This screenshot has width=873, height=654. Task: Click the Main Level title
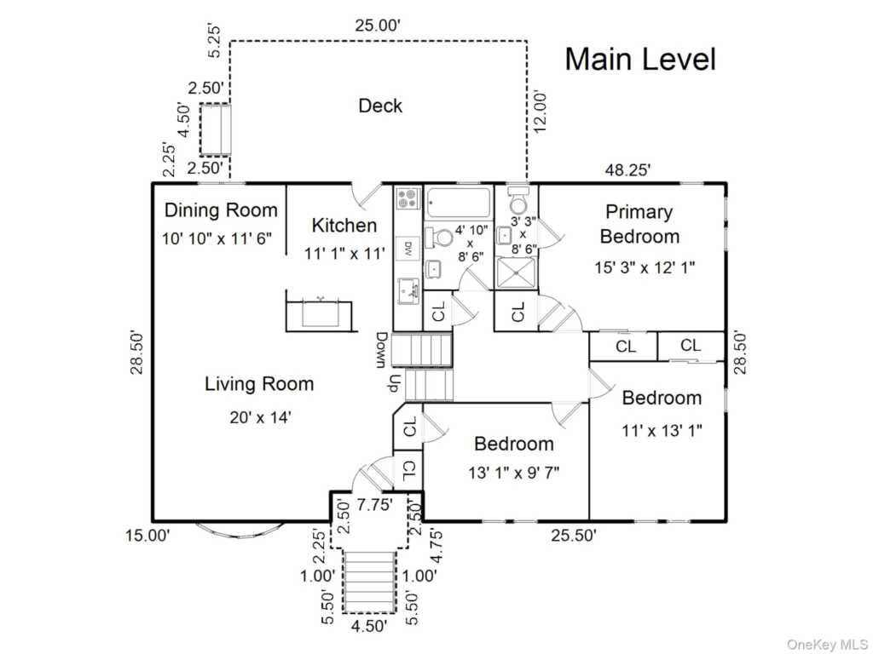(640, 59)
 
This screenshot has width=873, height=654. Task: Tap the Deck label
(380, 106)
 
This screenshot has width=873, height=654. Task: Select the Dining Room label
(221, 210)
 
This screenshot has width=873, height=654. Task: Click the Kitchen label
(344, 225)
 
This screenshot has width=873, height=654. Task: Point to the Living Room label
(259, 384)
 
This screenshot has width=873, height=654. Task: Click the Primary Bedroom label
(639, 224)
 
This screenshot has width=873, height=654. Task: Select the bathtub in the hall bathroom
(459, 203)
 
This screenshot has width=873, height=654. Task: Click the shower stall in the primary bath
(516, 273)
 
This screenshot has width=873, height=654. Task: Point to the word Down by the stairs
(382, 350)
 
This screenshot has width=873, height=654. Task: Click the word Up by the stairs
(394, 382)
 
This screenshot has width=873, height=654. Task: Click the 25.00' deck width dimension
(378, 26)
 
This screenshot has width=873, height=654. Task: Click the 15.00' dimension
(147, 536)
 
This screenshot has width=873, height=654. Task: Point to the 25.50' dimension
(574, 536)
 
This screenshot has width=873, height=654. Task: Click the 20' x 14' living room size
(261, 417)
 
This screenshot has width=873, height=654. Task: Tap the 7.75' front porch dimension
(375, 505)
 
